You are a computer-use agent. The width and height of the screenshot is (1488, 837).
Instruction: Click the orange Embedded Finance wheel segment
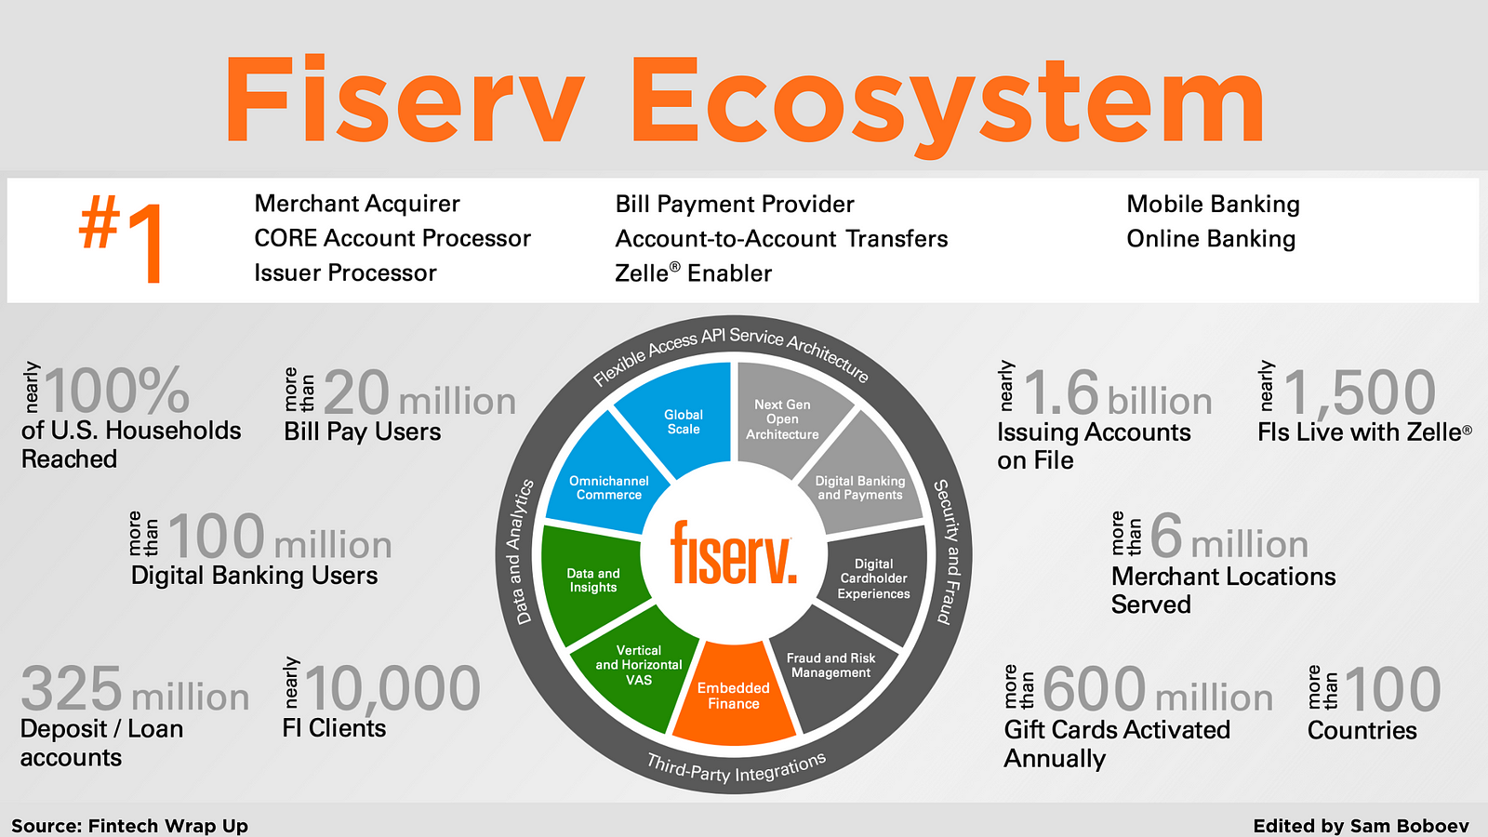point(734,694)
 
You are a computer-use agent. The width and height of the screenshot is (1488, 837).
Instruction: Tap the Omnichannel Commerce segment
point(604,478)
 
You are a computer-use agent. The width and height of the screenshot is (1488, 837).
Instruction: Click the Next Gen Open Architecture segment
point(787,418)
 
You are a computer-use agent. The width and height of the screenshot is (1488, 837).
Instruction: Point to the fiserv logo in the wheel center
point(734,553)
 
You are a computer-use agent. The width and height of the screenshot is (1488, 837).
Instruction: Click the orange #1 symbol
point(120,238)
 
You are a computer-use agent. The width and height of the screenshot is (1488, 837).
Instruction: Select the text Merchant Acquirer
point(357,204)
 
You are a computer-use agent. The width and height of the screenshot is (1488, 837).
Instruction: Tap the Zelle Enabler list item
point(693,273)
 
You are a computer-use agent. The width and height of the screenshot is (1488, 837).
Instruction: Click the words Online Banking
point(1211,238)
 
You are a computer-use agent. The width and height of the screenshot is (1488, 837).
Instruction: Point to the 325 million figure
point(135,689)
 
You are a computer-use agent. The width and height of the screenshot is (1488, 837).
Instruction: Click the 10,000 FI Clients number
point(392,688)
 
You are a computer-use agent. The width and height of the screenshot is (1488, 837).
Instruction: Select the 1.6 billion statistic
point(1118,393)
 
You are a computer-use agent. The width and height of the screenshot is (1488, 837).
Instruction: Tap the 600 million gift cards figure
point(1158,689)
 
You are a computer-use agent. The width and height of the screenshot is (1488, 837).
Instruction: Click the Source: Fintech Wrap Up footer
point(129,826)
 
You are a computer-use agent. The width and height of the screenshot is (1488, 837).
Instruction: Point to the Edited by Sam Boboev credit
point(1362,826)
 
